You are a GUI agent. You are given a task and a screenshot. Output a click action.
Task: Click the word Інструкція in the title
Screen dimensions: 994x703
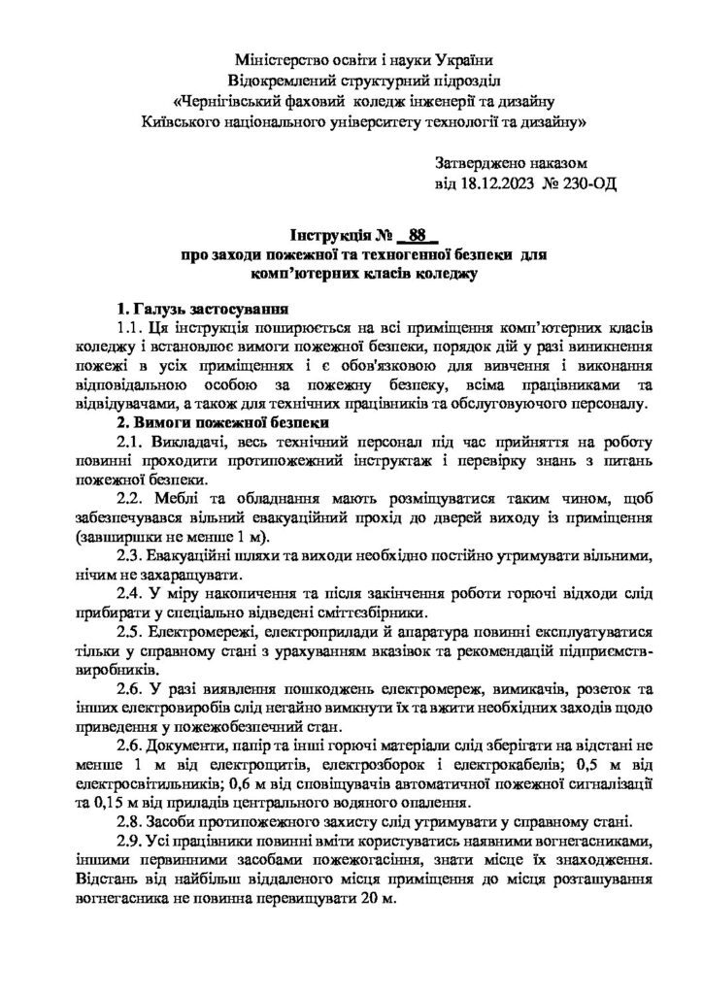click(330, 236)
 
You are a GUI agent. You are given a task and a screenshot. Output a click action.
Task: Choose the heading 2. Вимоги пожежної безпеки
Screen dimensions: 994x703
click(226, 421)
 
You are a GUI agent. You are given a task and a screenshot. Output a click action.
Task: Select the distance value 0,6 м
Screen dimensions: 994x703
click(244, 782)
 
